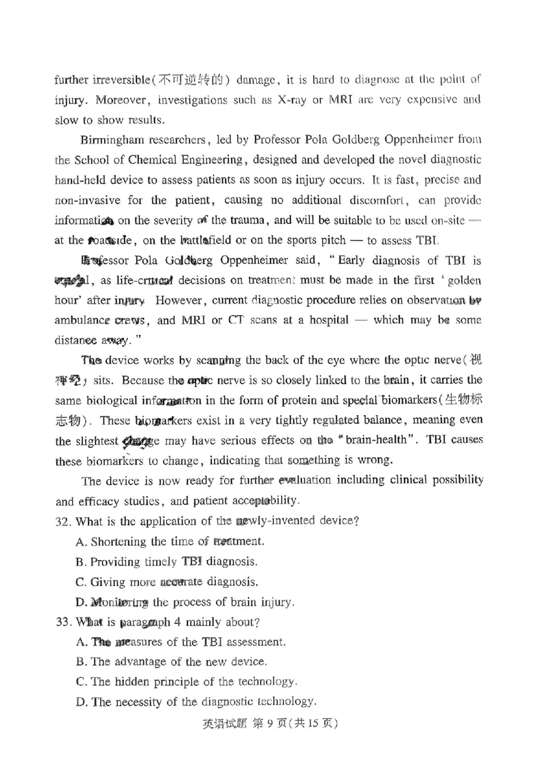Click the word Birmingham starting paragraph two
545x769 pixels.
point(112,140)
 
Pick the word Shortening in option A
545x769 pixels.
point(119,542)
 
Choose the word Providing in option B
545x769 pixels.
point(116,562)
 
